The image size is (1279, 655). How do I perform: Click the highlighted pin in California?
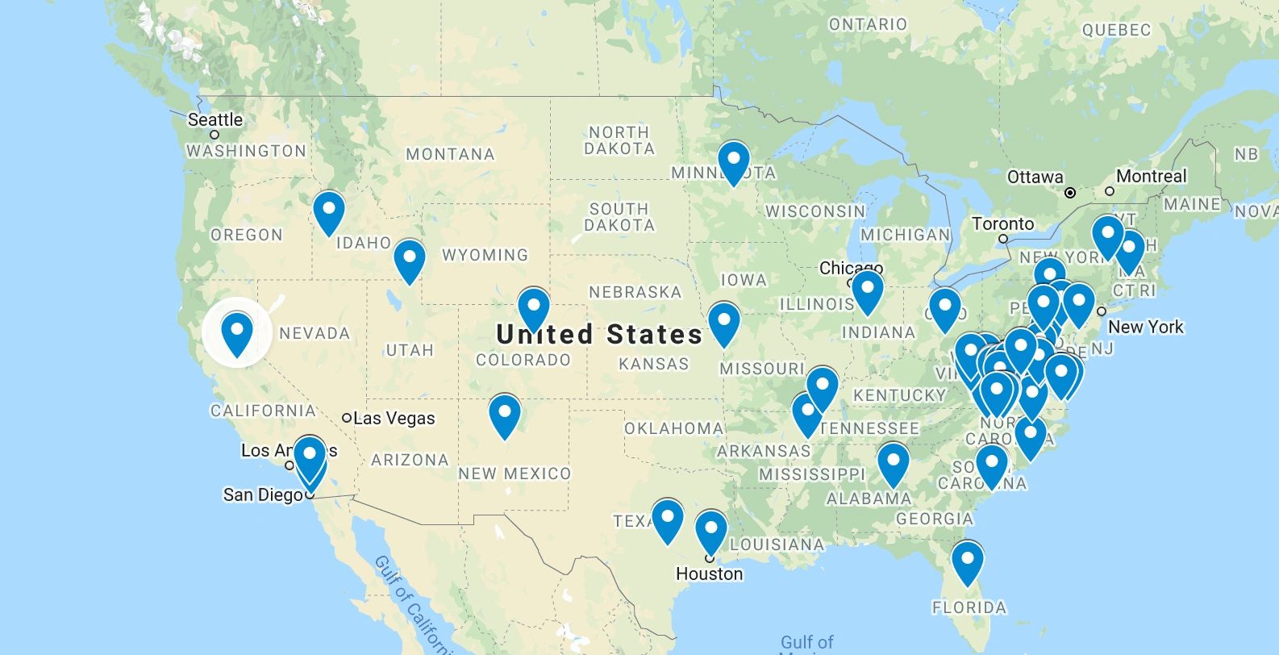(237, 332)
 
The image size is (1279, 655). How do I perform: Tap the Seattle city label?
(215, 120)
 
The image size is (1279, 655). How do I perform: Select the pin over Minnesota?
(734, 161)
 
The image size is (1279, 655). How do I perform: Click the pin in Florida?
(968, 561)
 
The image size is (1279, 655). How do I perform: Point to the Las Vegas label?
(394, 418)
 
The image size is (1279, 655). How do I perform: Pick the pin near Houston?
(710, 530)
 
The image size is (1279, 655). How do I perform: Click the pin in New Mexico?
(505, 414)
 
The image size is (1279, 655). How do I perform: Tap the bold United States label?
(600, 333)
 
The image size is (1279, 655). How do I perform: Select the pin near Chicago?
(868, 290)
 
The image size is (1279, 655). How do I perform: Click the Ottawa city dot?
(1070, 193)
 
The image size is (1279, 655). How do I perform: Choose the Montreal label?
(1151, 176)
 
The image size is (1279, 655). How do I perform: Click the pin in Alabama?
(894, 463)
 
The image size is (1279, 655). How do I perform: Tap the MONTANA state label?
(450, 154)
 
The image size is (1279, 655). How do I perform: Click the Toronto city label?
(1002, 223)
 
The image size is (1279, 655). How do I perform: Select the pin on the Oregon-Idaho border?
(329, 211)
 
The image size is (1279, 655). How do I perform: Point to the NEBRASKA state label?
(635, 292)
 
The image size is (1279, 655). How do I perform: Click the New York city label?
(1145, 327)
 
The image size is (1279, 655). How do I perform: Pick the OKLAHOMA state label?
(674, 428)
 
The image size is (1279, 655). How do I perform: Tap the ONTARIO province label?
(868, 24)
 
